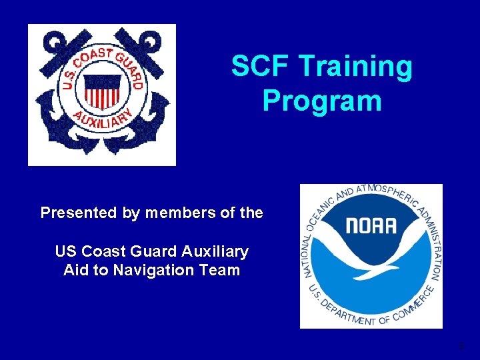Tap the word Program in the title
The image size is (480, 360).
[322, 101]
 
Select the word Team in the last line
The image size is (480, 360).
[223, 270]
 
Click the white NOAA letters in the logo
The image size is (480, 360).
[371, 226]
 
